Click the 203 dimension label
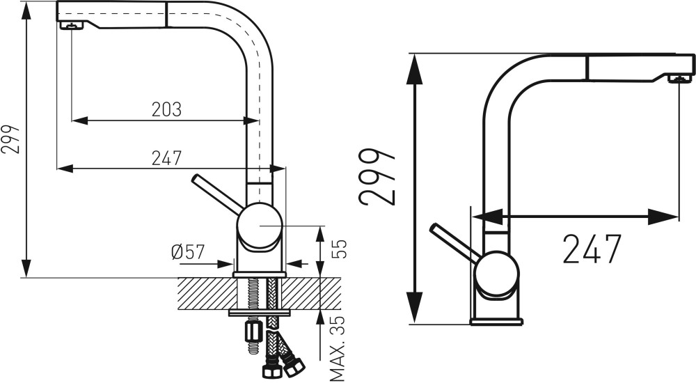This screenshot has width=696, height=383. (166, 109)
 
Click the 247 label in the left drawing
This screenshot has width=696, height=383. (166, 158)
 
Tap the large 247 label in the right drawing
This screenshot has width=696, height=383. (591, 249)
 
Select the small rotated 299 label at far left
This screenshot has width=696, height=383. (10, 139)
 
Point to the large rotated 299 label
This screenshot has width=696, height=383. (377, 177)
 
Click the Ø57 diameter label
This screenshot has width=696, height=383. (188, 252)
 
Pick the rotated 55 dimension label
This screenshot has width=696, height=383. (338, 249)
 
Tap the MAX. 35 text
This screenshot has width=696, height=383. (338, 348)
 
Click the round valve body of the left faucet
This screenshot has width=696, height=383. (260, 224)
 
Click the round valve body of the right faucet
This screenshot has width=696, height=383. (496, 273)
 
